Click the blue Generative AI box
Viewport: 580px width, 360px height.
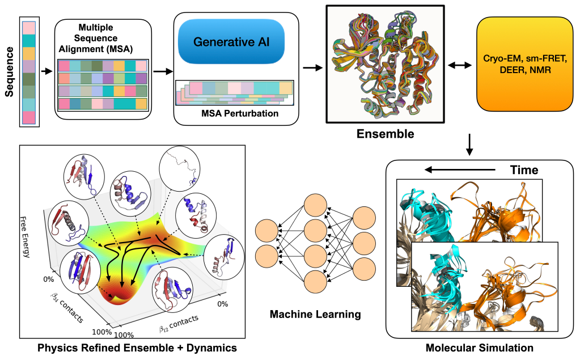(238, 42)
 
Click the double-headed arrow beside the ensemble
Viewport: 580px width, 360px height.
(459, 66)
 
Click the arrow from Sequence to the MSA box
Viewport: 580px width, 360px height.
(46, 71)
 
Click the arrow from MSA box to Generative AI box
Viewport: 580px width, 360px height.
(162, 71)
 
